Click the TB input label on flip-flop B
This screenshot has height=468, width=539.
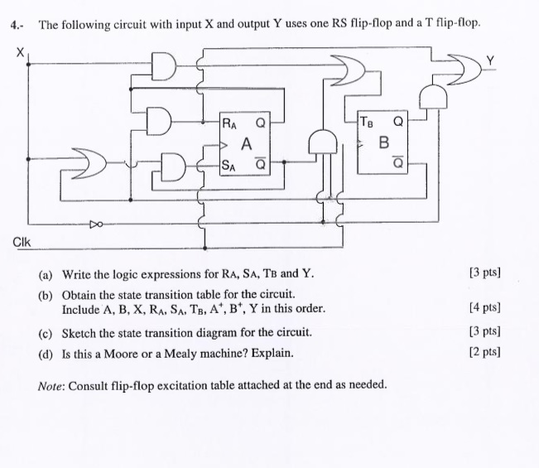(367, 123)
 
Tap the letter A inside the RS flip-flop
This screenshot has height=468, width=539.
(246, 143)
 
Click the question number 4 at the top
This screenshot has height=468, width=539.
(16, 26)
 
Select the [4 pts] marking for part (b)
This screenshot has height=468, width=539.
(484, 308)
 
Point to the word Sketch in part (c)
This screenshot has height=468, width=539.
(80, 332)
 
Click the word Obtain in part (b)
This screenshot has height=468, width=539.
(81, 295)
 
